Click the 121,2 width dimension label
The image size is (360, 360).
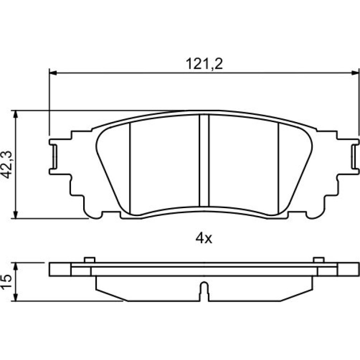click(x=204, y=64)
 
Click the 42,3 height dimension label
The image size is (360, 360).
click(x=7, y=165)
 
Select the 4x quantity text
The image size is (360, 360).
click(x=204, y=239)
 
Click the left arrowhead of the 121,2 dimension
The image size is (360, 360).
click(x=53, y=73)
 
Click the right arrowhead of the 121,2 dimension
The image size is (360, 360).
click(x=355, y=73)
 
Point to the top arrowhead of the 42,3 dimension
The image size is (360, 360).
click(x=15, y=114)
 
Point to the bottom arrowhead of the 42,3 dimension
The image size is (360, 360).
click(x=15, y=215)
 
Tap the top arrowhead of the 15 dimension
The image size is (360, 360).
click(x=15, y=266)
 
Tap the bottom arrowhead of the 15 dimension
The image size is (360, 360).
click(x=15, y=297)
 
